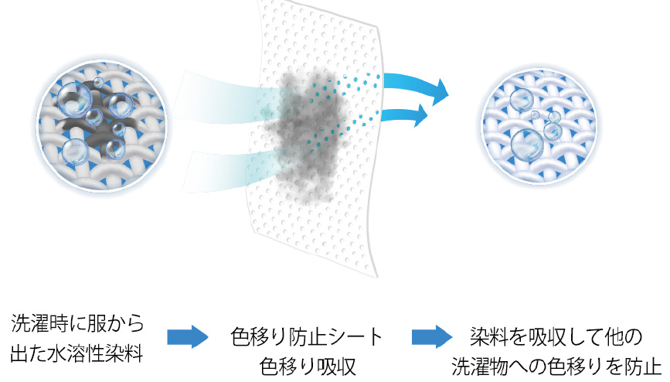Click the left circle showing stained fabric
pos(102,126)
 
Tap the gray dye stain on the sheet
pos(304,136)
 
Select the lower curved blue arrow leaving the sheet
pos(404,114)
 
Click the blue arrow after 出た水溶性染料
pos(187,336)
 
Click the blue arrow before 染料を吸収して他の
pos(432,336)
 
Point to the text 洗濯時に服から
pos(78,323)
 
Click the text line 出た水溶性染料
pos(77,354)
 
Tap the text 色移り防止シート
pos(306,336)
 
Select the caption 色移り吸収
pos(308,367)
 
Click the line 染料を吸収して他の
pos(556,336)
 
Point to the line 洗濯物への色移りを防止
pos(556,367)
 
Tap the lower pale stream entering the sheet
pos(231,170)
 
